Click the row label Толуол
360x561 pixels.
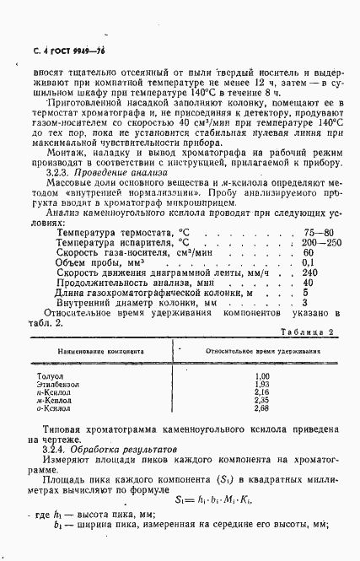coord(49,375)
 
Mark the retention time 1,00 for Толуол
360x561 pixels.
coord(261,375)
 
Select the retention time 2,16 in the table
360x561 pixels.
coord(261,391)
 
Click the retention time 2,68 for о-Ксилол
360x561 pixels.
coord(261,408)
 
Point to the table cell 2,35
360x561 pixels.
coord(261,400)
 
